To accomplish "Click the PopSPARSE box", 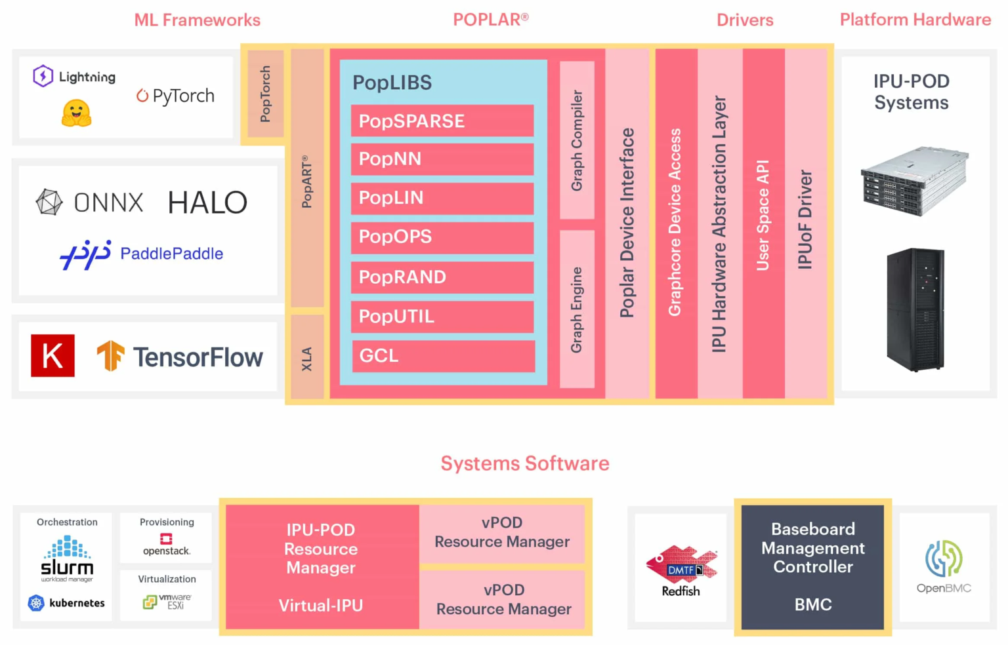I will [x=442, y=121].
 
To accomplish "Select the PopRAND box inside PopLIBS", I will [x=442, y=277].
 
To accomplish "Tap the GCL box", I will [x=443, y=356].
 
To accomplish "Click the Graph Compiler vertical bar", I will [x=577, y=140].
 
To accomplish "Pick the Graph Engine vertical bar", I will [x=577, y=309].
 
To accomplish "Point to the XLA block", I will [x=306, y=358].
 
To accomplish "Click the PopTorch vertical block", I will [x=265, y=94].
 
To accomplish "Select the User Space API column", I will [x=763, y=223].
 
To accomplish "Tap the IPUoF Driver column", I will [x=805, y=223].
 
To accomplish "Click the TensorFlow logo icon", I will [x=110, y=356].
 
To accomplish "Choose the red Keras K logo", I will [x=52, y=356].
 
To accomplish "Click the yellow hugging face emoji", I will [x=76, y=113].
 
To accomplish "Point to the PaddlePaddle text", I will [x=171, y=254].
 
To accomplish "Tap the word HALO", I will [x=207, y=203].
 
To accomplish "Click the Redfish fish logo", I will [x=681, y=564].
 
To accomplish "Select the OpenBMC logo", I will [x=944, y=558].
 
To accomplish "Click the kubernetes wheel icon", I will [x=36, y=603].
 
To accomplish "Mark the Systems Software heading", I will [x=524, y=463].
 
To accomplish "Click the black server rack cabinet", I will [x=915, y=309].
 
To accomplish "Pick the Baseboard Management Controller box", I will [x=812, y=567].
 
